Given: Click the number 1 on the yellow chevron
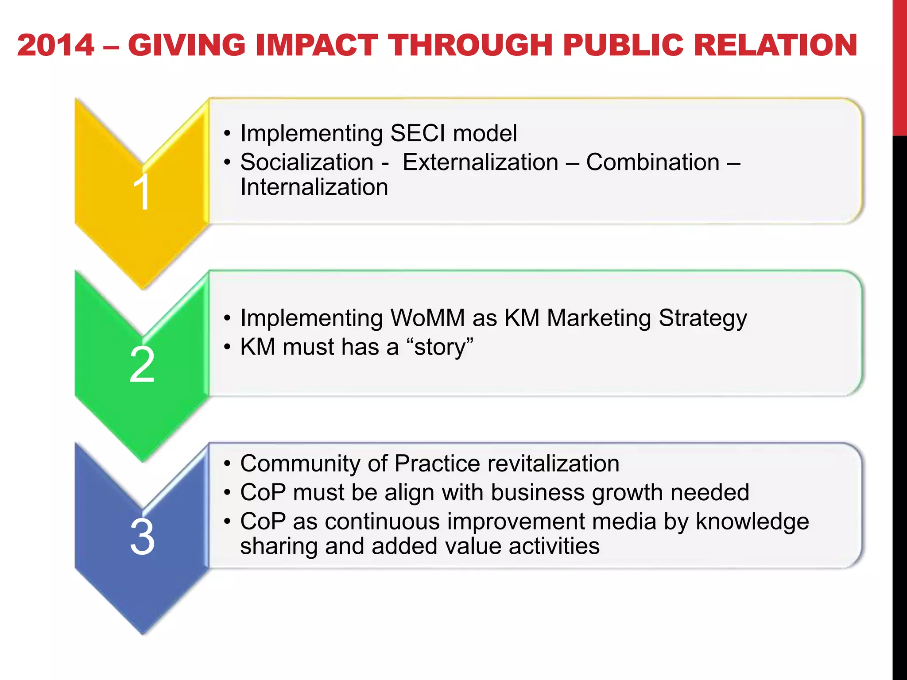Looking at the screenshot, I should click(x=142, y=192).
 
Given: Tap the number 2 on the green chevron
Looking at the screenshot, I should click(x=142, y=364).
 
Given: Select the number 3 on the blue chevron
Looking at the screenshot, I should click(x=142, y=537).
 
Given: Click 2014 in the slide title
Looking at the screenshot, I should click(x=56, y=46).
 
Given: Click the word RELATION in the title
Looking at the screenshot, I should click(x=775, y=46).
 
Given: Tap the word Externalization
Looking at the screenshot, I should click(x=481, y=162).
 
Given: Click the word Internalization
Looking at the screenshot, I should click(x=314, y=187).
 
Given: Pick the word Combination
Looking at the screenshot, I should click(x=653, y=162).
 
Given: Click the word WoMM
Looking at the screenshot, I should click(x=427, y=318).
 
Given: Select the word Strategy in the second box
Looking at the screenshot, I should click(x=703, y=319).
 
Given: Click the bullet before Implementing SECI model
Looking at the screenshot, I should click(x=227, y=133).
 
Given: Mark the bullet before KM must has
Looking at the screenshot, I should click(x=227, y=347).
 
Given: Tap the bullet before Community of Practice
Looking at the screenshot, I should click(x=227, y=464).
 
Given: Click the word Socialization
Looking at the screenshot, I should click(x=307, y=162).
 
